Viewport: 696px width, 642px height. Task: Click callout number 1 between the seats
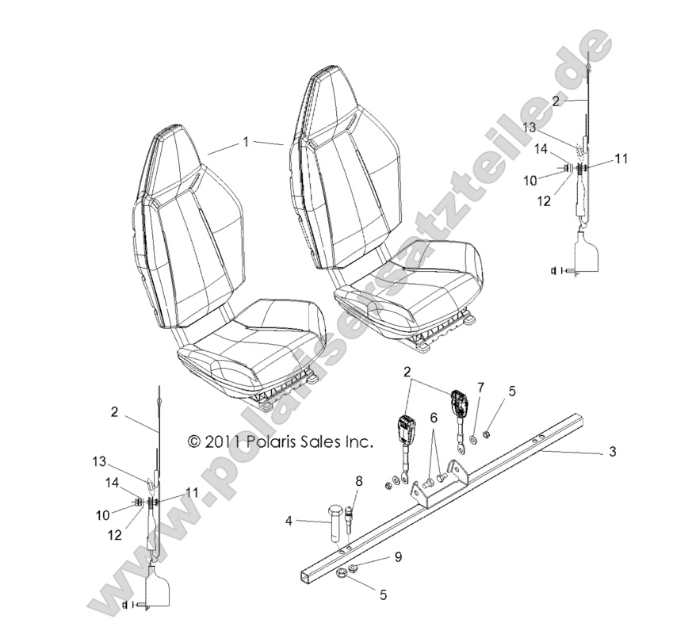pos(246,142)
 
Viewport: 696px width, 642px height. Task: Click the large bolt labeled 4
pos(335,525)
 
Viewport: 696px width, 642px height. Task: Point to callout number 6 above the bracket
pos(434,417)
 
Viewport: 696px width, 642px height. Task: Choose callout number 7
pos(480,387)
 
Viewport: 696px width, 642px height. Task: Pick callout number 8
pos(358,480)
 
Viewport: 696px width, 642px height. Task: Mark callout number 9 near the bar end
pos(399,556)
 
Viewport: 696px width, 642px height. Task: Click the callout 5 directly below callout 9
pos(383,593)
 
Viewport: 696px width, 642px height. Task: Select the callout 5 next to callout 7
pos(511,391)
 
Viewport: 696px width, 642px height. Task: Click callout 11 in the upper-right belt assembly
pos(621,159)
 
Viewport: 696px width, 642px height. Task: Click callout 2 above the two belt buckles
pos(407,371)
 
